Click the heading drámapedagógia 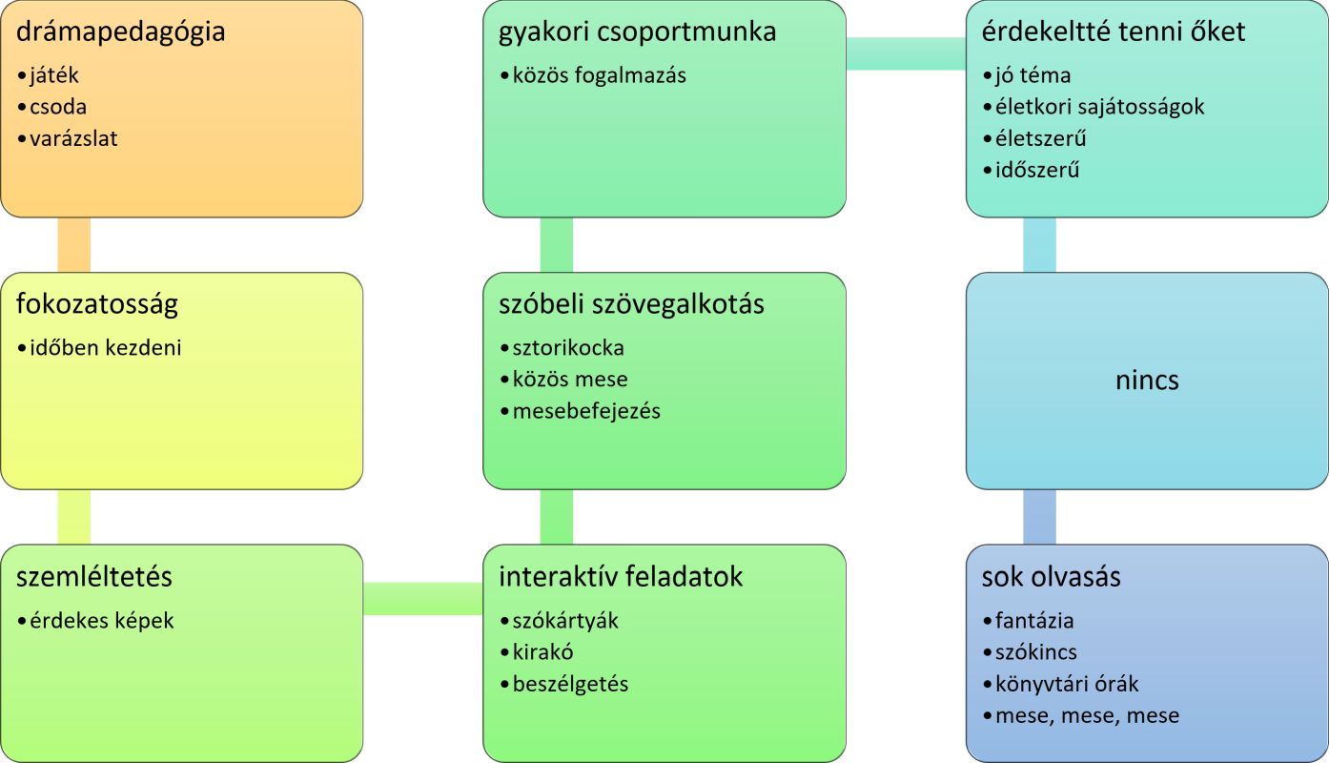pyautogui.click(x=121, y=32)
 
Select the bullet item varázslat pyautogui.click(x=73, y=138)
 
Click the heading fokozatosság pyautogui.click(x=97, y=304)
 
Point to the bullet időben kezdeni pyautogui.click(x=105, y=348)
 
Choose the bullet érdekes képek pyautogui.click(x=102, y=621)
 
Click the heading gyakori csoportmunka pyautogui.click(x=637, y=32)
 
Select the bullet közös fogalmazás pyautogui.click(x=599, y=75)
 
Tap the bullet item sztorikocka pyautogui.click(x=568, y=348)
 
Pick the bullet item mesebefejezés pyautogui.click(x=586, y=411)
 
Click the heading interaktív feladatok pyautogui.click(x=621, y=577)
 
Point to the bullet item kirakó pyautogui.click(x=542, y=652)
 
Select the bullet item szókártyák pyautogui.click(x=565, y=621)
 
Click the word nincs pyautogui.click(x=1147, y=381)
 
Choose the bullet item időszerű pyautogui.click(x=1037, y=171)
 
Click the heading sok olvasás pyautogui.click(x=1052, y=577)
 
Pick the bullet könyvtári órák pyautogui.click(x=1067, y=684)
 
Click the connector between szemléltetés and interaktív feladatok pyautogui.click(x=423, y=598)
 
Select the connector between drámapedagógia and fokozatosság pyautogui.click(x=74, y=245)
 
